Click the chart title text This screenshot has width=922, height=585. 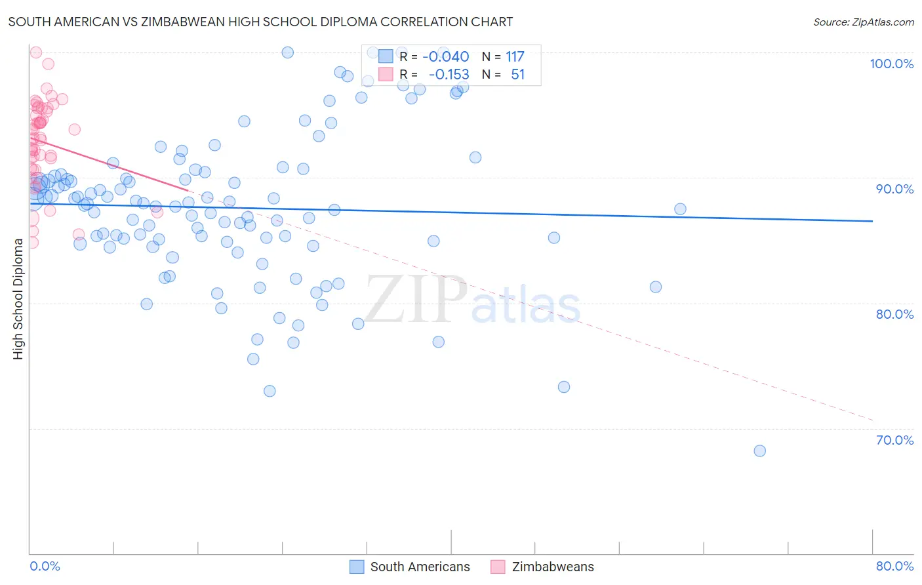point(260,22)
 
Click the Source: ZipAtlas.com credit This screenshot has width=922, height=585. point(863,22)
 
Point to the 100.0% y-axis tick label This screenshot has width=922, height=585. point(891,64)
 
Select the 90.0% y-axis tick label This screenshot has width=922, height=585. point(894,189)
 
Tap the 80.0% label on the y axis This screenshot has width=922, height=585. point(894,314)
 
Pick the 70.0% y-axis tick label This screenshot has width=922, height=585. point(894,439)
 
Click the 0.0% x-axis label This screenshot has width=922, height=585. point(45,566)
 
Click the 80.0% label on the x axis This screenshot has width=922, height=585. point(894,566)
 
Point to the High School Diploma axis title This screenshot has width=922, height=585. point(18,298)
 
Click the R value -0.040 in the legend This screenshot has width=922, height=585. point(446,57)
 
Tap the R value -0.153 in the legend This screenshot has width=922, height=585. point(449,75)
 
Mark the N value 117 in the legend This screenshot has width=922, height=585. point(515,57)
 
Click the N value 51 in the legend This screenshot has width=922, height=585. point(517,75)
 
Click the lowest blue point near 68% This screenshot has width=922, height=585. point(759,451)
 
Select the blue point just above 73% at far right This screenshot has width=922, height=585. point(563,387)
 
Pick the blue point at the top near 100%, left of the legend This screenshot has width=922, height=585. point(287,52)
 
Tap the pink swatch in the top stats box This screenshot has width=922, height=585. point(386,75)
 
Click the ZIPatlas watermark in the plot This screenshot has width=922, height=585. point(472,300)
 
